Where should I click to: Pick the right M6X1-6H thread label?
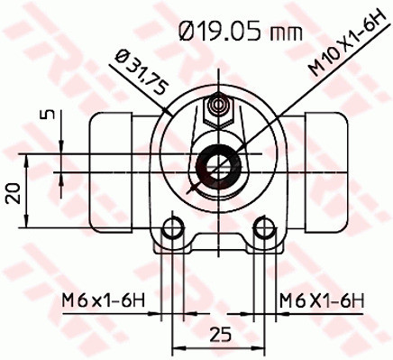click(320, 300)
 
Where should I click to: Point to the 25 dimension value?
click(218, 334)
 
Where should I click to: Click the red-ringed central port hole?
click(216, 164)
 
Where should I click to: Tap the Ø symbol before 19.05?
click(187, 34)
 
